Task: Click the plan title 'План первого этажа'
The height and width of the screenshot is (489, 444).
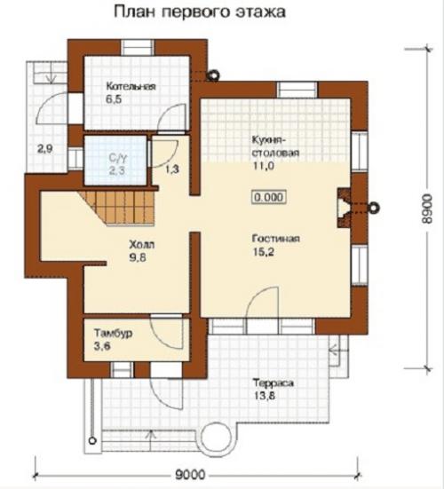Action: [200, 13]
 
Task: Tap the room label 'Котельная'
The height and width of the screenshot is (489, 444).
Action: [131, 86]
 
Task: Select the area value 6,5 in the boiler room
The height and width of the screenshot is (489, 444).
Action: [114, 99]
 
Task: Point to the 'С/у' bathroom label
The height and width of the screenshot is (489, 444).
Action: [118, 158]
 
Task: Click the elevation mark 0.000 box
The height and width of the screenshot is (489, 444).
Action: [269, 197]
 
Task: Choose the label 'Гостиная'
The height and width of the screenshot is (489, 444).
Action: [276, 239]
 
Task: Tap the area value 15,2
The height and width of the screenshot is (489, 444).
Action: [263, 252]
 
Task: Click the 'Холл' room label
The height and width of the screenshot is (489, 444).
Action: [142, 244]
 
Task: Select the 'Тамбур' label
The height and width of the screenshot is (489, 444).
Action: [114, 333]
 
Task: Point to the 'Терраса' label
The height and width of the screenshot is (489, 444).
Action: [274, 383]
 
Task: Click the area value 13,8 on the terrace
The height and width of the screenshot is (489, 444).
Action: [264, 397]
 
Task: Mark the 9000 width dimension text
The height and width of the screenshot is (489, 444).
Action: [190, 475]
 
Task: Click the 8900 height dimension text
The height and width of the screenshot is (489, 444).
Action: [426, 209]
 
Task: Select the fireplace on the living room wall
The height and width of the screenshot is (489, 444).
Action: [344, 208]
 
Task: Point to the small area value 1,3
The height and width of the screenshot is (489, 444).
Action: [172, 169]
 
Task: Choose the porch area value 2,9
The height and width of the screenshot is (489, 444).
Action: [45, 149]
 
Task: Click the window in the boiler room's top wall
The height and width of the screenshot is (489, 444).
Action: [138, 48]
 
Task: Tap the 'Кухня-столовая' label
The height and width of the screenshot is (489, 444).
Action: [275, 146]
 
